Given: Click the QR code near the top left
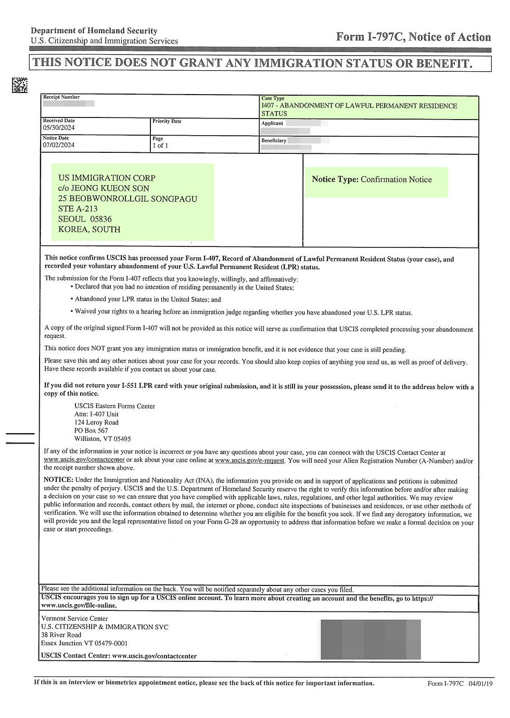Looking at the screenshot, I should [20, 85].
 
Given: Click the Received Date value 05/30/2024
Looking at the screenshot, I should [59, 127].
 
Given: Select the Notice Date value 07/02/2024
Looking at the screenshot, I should [59, 145].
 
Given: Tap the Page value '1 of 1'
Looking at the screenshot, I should [160, 146].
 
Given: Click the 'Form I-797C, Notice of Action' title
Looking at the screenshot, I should [413, 37].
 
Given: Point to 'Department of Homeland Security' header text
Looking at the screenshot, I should [94, 31].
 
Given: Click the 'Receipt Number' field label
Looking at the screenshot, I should [61, 97].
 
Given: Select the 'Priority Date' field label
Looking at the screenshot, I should [167, 121].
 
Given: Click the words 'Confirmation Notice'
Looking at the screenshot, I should [396, 180].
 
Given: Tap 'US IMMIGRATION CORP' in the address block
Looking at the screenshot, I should [107, 178].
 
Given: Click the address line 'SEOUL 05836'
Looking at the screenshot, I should [85, 219].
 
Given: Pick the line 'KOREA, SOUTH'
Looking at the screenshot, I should [89, 229].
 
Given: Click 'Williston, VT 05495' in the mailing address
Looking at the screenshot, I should [103, 439].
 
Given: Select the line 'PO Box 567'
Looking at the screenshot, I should [91, 430].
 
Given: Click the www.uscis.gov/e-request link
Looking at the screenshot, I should [249, 461].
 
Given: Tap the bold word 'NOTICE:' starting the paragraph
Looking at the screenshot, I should [58, 481].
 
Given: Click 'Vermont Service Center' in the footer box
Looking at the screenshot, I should [74, 619].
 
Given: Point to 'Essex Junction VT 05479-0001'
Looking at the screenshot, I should [84, 643].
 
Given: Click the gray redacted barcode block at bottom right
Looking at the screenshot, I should [371, 639].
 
